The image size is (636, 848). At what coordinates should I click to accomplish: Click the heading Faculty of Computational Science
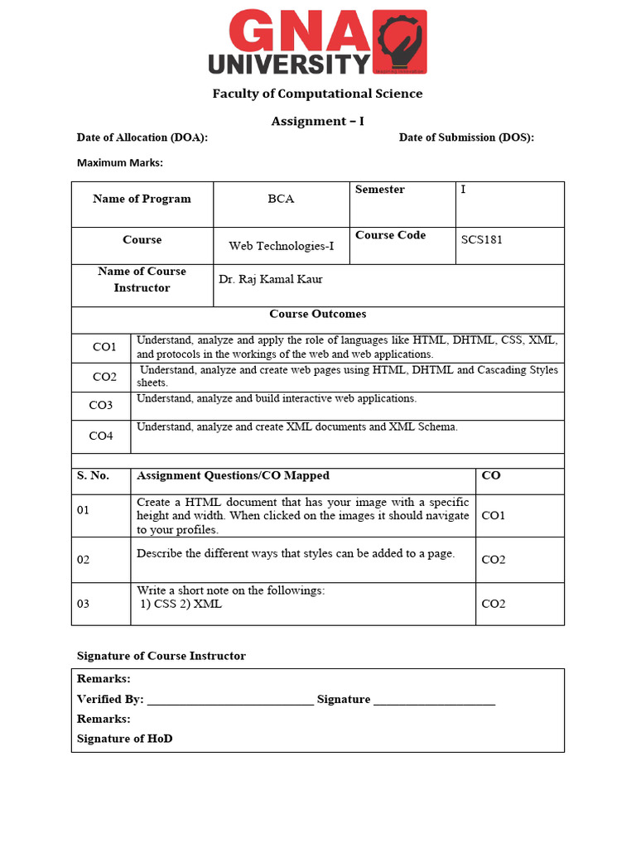pyautogui.click(x=317, y=94)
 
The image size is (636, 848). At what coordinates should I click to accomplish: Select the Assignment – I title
pyautogui.click(x=317, y=121)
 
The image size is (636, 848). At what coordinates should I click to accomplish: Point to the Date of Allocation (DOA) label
pyautogui.click(x=142, y=137)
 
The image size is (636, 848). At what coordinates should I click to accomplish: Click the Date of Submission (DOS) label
pyautogui.click(x=466, y=137)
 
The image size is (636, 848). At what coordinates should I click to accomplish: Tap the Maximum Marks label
pyautogui.click(x=120, y=162)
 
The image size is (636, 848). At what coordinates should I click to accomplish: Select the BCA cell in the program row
pyautogui.click(x=281, y=199)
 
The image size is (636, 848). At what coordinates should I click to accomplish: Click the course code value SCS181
pyautogui.click(x=482, y=240)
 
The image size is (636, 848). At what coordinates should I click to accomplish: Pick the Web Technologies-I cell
pyautogui.click(x=282, y=246)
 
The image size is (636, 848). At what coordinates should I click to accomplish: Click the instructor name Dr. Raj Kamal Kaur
pyautogui.click(x=271, y=279)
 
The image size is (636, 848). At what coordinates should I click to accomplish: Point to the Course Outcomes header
pyautogui.click(x=317, y=314)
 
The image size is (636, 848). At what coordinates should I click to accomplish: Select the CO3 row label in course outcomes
pyautogui.click(x=101, y=406)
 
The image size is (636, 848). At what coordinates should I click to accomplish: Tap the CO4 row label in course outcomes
pyautogui.click(x=101, y=436)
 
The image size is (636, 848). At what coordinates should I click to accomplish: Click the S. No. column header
pyautogui.click(x=93, y=475)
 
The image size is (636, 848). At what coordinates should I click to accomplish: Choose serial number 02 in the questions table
pyautogui.click(x=83, y=560)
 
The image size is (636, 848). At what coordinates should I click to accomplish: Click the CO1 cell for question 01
pyautogui.click(x=493, y=515)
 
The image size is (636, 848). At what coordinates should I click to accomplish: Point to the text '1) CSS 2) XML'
pyautogui.click(x=181, y=604)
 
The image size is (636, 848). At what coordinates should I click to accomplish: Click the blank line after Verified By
pyautogui.click(x=230, y=701)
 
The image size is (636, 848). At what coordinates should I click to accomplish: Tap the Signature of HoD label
pyautogui.click(x=125, y=738)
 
